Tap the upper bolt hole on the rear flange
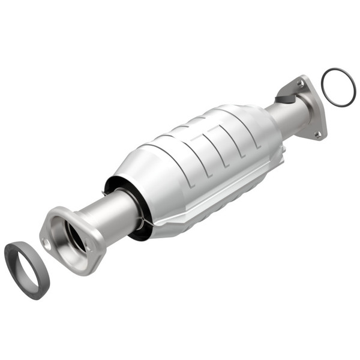(x=300, y=84)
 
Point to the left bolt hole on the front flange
(x=47, y=242)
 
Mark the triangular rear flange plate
(x=312, y=108)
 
